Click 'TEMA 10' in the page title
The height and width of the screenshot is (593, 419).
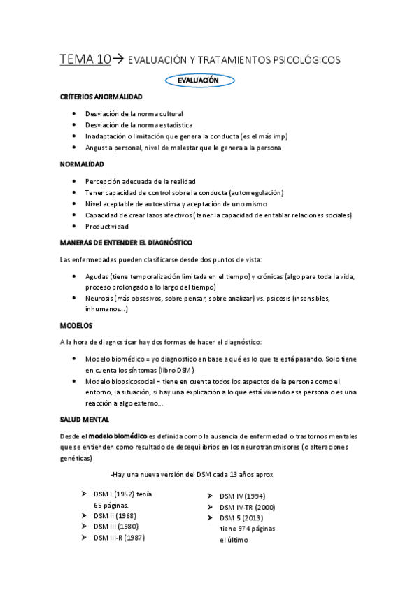tap(85, 60)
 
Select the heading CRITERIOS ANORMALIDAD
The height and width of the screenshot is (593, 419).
tap(101, 96)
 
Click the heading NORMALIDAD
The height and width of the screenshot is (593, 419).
tap(82, 164)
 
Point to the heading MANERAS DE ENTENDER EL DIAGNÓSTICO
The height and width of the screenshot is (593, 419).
tap(127, 242)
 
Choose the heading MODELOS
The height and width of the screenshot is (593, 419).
tap(76, 326)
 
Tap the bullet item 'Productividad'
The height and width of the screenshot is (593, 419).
tap(106, 227)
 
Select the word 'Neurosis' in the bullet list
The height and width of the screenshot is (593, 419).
tap(101, 298)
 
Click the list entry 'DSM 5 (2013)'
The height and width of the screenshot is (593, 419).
tap(242, 518)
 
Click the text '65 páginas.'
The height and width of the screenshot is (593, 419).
tap(112, 505)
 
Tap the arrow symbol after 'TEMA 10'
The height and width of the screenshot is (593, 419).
tap(119, 60)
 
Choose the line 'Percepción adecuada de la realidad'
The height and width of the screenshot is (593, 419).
tap(140, 181)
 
